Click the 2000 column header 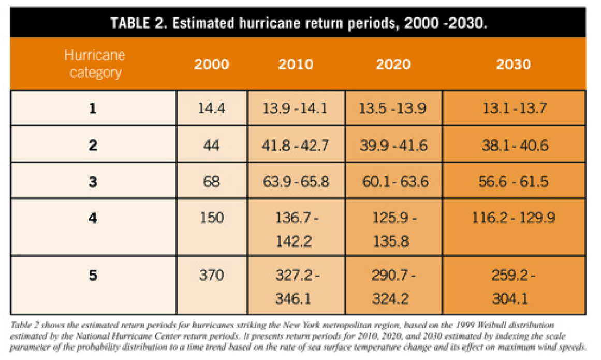(212, 64)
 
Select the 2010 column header (296, 64)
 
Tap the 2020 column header (393, 64)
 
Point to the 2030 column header (514, 64)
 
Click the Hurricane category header (95, 64)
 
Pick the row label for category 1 (93, 108)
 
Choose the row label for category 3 (93, 181)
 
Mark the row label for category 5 (93, 275)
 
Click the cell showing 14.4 (212, 108)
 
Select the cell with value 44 (212, 146)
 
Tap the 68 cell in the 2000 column (212, 181)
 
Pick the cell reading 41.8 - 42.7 (295, 146)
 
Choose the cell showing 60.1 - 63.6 (395, 181)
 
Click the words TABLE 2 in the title (138, 23)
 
